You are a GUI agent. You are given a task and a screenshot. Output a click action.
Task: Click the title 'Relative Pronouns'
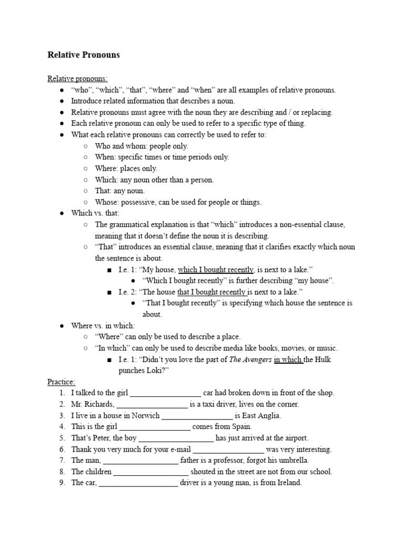[x=84, y=55]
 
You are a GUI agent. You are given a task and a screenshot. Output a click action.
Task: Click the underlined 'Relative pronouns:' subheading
[x=77, y=78]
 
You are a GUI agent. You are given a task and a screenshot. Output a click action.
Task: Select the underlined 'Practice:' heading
[x=62, y=382]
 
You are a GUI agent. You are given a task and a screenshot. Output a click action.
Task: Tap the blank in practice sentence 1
[x=165, y=393]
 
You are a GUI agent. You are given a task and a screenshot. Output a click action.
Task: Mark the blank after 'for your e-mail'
[x=228, y=450]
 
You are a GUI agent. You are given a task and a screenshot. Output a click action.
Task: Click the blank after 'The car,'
[x=139, y=483]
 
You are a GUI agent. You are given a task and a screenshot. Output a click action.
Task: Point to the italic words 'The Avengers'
[x=250, y=360]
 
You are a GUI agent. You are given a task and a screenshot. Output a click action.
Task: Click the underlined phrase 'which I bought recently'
[x=216, y=269]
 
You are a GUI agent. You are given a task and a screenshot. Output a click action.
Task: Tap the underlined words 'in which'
[x=288, y=360]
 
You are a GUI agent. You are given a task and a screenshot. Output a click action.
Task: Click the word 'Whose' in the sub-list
[x=104, y=202]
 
